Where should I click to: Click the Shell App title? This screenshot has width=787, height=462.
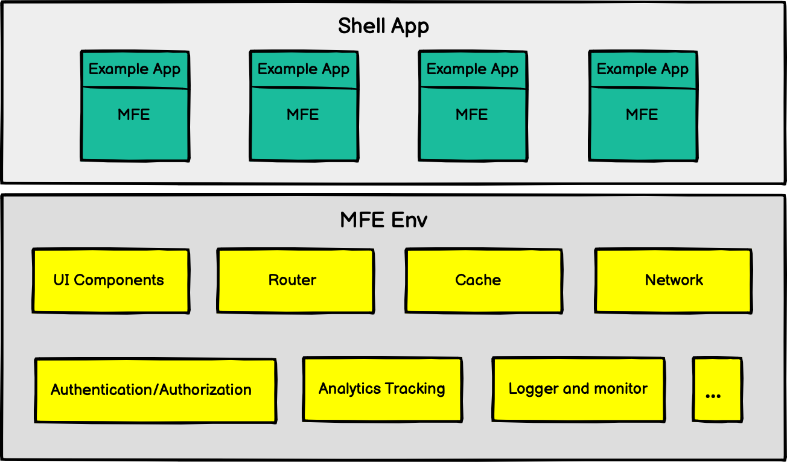(383, 26)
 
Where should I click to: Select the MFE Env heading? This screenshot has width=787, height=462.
(383, 220)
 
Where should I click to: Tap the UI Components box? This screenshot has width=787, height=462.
(110, 281)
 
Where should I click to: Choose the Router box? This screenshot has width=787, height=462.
(295, 281)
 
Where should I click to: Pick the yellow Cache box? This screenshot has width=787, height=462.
(483, 281)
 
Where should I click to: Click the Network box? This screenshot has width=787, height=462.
(673, 281)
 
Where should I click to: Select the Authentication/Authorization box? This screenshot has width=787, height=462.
(155, 390)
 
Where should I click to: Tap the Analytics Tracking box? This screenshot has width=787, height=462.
(382, 389)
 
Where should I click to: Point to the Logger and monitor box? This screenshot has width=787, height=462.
(578, 389)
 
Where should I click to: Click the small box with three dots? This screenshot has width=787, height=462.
(716, 390)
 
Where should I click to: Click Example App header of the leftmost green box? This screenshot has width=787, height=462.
(135, 69)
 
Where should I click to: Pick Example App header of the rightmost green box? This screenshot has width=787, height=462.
(643, 69)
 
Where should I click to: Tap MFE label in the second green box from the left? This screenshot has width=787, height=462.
(303, 115)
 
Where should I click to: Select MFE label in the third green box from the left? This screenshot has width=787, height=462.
(472, 115)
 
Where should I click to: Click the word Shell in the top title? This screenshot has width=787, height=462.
(360, 26)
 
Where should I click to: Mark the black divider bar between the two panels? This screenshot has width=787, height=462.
(393, 189)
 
